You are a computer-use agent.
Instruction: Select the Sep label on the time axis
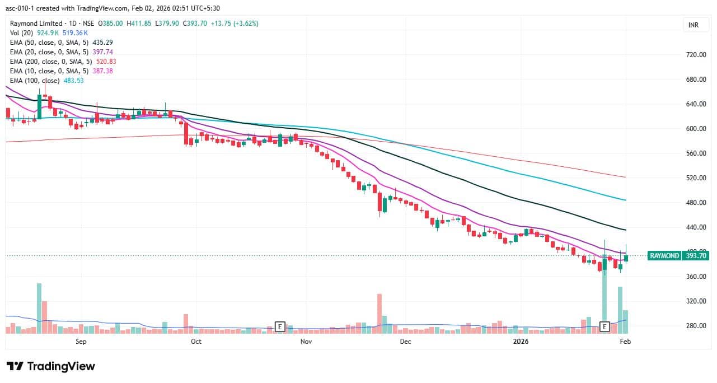pos(81,341)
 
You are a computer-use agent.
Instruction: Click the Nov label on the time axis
pos(306,341)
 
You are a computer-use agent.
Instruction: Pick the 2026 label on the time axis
pos(521,341)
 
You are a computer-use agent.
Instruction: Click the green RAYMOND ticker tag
pos(664,256)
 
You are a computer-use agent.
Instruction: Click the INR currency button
pos(693,25)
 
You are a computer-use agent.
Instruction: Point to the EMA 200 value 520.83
pos(105,62)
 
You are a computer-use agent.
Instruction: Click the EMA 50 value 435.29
pos(102,43)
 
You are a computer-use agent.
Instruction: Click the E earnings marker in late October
pos(280,326)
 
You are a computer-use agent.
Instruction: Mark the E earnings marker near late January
pos(604,326)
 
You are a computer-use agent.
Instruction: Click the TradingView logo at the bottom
pos(51,367)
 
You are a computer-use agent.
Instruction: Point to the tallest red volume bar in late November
pos(379,314)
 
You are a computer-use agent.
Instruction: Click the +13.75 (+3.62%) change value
pos(233,24)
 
